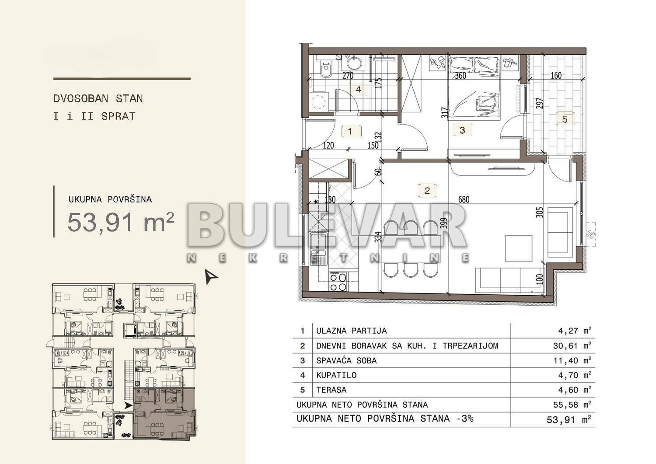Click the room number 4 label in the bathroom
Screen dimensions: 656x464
point(359,89)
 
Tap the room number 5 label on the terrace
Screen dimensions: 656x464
point(565,119)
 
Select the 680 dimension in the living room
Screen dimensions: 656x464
point(464,199)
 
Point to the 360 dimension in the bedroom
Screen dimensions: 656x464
point(461,76)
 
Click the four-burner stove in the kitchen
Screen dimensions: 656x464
point(338,282)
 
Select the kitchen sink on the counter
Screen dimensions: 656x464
point(318,249)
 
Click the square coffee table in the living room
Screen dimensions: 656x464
point(519,248)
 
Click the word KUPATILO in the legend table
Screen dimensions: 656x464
point(336,375)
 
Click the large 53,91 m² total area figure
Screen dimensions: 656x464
point(121,222)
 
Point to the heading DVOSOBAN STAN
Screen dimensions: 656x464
point(98,98)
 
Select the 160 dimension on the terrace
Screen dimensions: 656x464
point(556,76)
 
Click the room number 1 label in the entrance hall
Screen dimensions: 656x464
point(350,132)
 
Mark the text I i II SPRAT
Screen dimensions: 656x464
point(94,116)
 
